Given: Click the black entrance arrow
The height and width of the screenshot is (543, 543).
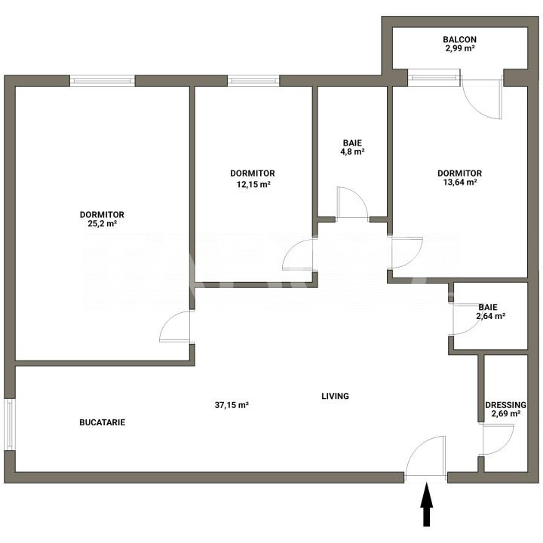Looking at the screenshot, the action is [427, 505].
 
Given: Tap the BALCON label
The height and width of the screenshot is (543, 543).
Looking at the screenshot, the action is [459, 39].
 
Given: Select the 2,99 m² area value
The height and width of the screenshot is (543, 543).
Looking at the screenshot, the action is [459, 48].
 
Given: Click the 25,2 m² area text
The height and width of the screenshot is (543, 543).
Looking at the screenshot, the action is [102, 223].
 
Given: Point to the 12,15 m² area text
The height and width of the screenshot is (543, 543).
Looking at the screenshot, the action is [253, 184].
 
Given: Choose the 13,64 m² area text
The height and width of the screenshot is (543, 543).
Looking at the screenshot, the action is [460, 182].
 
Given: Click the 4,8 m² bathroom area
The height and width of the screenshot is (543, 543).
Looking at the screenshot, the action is [352, 152].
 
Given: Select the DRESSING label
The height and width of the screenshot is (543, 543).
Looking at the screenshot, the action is [505, 405].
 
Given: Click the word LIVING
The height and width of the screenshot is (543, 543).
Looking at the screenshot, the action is [335, 396].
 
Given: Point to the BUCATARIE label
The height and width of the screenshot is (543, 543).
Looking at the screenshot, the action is [102, 422].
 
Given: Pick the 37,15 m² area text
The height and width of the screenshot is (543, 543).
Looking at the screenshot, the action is [232, 405].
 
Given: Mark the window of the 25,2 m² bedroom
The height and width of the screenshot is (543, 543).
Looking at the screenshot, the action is [103, 81].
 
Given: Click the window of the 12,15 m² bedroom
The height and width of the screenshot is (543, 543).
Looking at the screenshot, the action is [253, 81].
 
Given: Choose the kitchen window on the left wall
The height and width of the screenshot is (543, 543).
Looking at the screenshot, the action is [10, 425].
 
